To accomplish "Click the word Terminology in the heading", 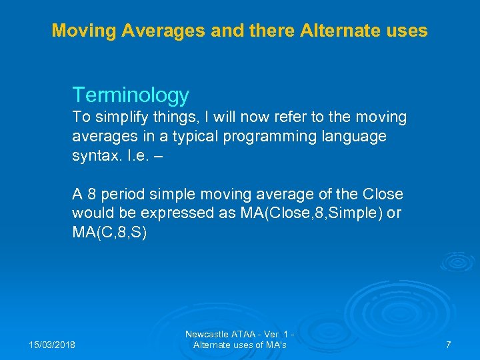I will [x=131, y=95].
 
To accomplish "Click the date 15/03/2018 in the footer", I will [x=53, y=345].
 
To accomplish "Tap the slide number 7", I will [x=448, y=345].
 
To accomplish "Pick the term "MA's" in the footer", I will [x=275, y=345].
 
